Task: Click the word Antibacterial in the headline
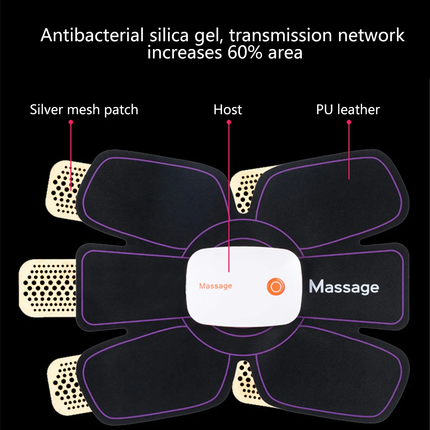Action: click(x=92, y=35)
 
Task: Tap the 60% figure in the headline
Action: click(x=244, y=52)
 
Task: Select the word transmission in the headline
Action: click(x=280, y=35)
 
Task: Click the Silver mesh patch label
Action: click(x=84, y=110)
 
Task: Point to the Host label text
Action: click(x=228, y=110)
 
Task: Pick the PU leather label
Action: click(x=348, y=110)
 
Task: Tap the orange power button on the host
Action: click(x=276, y=287)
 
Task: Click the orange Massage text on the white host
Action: click(x=216, y=286)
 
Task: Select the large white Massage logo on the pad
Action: click(x=344, y=287)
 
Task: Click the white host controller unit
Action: click(x=244, y=287)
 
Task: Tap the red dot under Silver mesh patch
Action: click(x=71, y=122)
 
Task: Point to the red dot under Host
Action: click(x=229, y=122)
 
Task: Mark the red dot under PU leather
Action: click(x=349, y=122)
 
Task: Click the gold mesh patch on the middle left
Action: click(x=47, y=288)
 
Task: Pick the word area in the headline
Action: click(x=285, y=53)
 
